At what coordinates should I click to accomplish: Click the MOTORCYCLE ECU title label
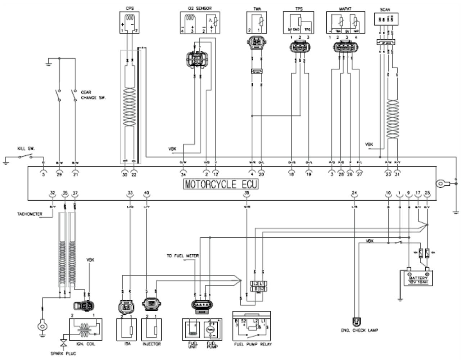[221, 184]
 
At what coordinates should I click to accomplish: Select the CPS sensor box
[129, 22]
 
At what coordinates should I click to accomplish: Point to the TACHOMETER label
[30, 214]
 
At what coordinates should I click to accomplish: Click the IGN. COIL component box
[86, 329]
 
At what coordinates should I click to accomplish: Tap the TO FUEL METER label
[182, 256]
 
